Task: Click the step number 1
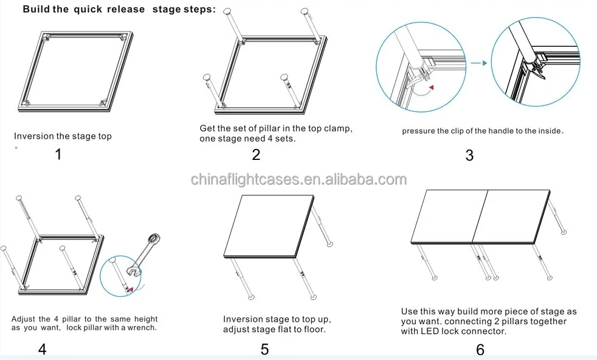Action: point(58,154)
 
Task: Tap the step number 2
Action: point(256,154)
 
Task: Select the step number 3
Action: point(469,155)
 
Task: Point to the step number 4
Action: point(42,349)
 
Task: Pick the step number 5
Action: point(264,349)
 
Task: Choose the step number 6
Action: point(480,350)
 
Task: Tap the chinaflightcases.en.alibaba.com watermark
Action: point(298,179)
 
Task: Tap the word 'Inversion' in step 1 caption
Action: point(34,136)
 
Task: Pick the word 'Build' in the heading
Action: point(36,9)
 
